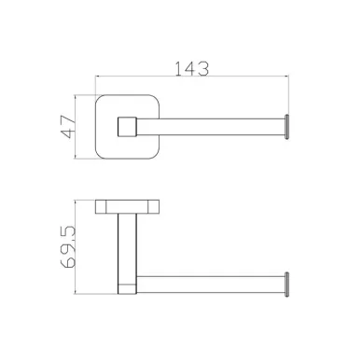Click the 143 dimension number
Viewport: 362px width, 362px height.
[x=191, y=69]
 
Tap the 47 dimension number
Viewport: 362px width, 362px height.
[x=68, y=127]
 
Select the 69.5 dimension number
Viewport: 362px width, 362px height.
[x=68, y=247]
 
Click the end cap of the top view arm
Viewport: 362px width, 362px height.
[x=286, y=127]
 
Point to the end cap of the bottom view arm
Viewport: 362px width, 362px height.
[x=286, y=285]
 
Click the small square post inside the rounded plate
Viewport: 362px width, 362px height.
[x=127, y=127]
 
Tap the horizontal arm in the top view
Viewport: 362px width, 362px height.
[x=211, y=127]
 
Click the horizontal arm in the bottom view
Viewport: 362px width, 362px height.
[x=211, y=285]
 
